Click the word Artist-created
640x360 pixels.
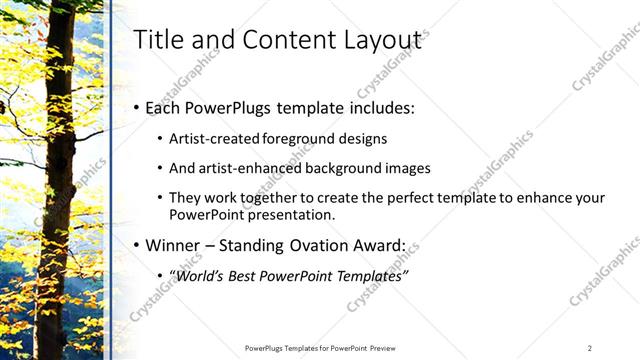(x=215, y=139)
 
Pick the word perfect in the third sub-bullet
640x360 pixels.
(x=405, y=198)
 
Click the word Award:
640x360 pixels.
(x=374, y=244)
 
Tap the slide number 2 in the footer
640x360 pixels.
(x=590, y=348)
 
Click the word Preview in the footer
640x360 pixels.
(x=390, y=348)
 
